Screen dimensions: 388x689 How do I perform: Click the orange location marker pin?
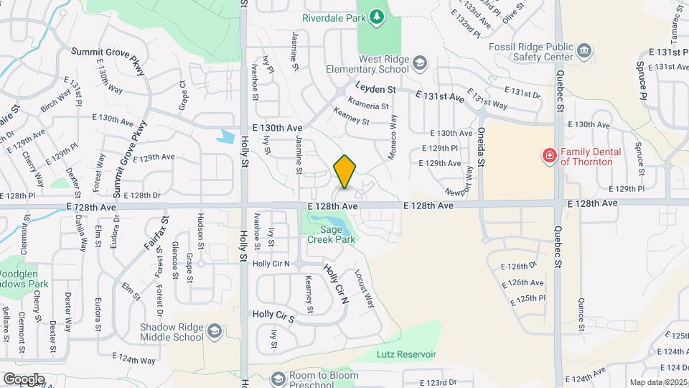[345, 172]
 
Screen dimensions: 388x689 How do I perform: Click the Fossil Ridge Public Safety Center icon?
[585, 50]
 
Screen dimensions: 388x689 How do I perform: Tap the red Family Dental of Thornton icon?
[550, 156]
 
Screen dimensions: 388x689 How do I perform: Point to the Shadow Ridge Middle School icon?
[213, 331]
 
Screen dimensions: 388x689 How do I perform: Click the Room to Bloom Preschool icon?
[277, 378]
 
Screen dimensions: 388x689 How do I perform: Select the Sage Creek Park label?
[332, 234]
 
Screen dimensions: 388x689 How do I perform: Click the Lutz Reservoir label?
[406, 354]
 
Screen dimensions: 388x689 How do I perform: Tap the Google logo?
[24, 379]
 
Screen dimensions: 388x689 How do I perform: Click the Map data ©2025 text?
[657, 382]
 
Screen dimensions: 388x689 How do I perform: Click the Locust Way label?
[365, 288]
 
